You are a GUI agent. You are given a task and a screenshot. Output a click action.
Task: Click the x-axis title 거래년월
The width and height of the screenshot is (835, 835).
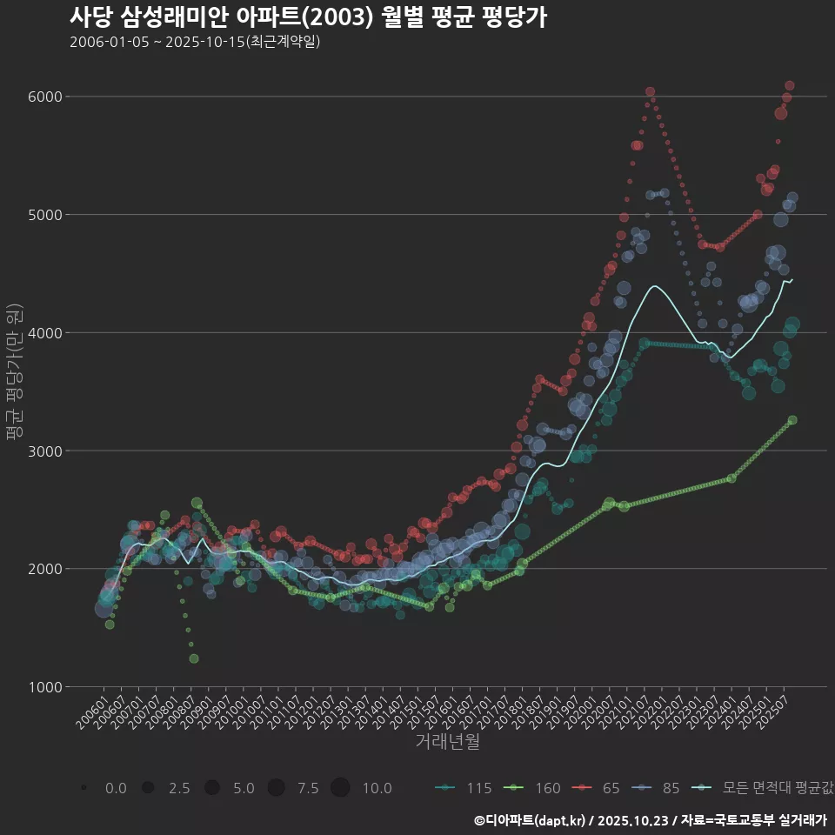[447, 741]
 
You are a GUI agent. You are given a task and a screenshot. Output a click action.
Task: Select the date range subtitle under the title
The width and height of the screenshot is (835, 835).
[195, 42]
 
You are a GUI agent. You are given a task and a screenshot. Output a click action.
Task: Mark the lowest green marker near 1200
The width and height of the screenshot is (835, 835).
[194, 658]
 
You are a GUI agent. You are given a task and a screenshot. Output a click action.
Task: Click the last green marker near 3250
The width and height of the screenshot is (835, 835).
[792, 420]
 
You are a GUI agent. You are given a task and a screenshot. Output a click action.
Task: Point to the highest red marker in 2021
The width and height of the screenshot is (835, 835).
[650, 91]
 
